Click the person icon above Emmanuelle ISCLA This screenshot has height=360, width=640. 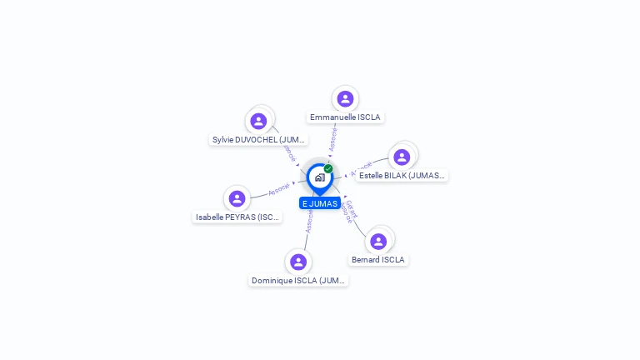click(345, 99)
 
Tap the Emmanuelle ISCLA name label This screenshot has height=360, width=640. click(345, 117)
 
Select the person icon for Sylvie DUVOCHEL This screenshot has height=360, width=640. click(258, 121)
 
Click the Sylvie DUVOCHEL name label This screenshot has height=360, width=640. click(259, 140)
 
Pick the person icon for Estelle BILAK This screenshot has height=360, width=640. click(402, 157)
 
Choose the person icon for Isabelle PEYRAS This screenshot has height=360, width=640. click(237, 198)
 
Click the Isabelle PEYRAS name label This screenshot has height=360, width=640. click(237, 217)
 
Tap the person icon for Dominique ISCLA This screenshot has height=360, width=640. click(298, 262)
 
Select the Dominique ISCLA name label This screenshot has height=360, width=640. click(298, 281)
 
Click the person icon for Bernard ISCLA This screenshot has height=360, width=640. click(378, 241)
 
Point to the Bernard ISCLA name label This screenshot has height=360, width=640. click(378, 260)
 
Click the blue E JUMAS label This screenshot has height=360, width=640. click(320, 203)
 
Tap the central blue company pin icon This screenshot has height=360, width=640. click(319, 177)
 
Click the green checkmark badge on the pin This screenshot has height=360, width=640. click(328, 168)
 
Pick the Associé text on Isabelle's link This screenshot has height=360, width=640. click(279, 190)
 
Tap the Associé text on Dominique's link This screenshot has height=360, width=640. click(309, 220)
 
